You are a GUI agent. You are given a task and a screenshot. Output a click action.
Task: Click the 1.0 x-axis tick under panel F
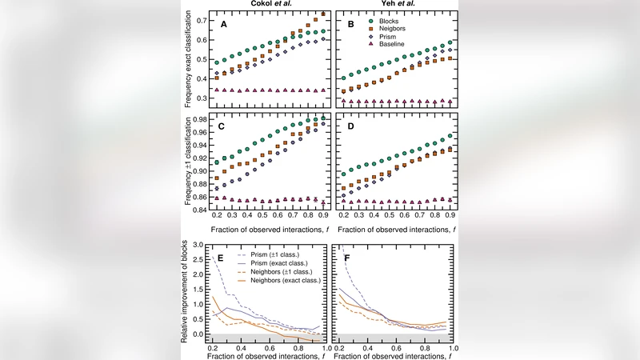[454, 350]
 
